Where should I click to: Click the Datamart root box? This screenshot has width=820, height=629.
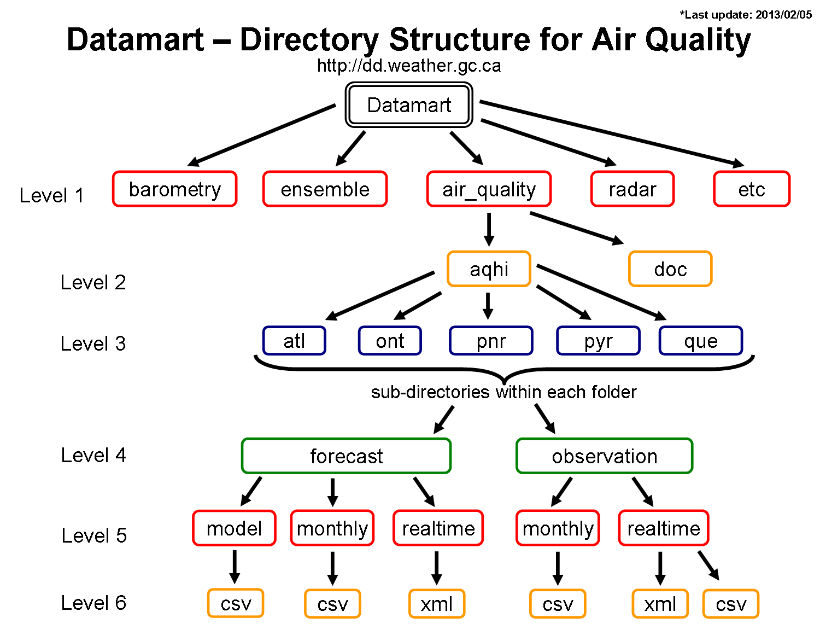click(x=409, y=104)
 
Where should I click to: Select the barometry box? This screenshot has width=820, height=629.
click(x=174, y=189)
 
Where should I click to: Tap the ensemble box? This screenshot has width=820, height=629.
click(x=325, y=189)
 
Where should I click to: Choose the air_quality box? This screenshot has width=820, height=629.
click(x=489, y=189)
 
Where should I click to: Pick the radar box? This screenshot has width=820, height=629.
click(x=632, y=189)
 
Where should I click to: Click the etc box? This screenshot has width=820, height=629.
click(x=752, y=189)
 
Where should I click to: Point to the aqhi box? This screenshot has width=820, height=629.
click(x=489, y=269)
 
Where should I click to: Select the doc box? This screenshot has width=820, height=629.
click(x=670, y=269)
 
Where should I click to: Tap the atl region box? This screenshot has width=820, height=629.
click(x=294, y=341)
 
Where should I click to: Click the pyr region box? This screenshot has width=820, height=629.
click(x=598, y=341)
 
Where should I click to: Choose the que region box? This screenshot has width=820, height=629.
click(x=701, y=341)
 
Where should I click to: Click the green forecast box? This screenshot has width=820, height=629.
click(x=346, y=456)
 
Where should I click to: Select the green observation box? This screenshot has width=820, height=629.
click(x=604, y=456)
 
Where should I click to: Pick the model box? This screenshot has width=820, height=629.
click(x=234, y=528)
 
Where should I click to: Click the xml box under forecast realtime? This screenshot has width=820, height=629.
click(x=437, y=604)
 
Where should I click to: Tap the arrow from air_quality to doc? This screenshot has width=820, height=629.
click(x=576, y=228)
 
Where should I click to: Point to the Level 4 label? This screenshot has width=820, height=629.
click(x=93, y=455)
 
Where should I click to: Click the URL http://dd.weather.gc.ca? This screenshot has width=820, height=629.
click(x=409, y=66)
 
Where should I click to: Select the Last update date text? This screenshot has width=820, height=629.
click(x=746, y=15)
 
